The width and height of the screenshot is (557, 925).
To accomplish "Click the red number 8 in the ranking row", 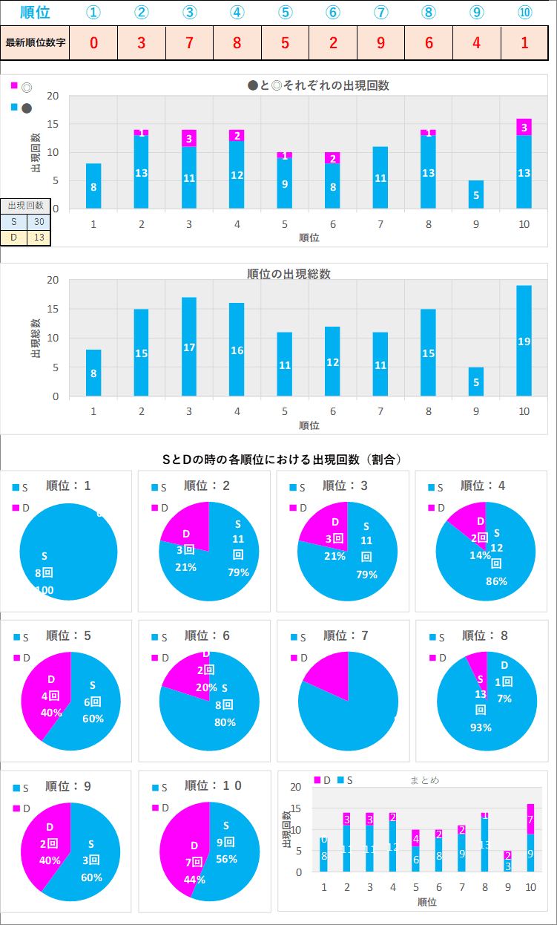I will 237,42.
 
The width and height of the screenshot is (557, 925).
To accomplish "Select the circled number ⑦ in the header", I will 380,13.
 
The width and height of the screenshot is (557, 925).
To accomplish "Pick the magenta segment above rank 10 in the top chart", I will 524,127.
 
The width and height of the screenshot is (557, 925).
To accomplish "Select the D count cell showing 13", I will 39,237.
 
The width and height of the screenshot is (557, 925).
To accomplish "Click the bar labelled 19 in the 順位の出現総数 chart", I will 524,341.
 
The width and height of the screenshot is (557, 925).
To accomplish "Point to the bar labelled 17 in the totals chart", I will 189,347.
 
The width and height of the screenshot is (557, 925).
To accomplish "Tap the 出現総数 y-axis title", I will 36,339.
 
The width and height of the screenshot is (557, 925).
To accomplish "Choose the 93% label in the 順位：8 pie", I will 481,727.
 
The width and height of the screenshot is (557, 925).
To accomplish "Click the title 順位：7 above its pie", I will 347,636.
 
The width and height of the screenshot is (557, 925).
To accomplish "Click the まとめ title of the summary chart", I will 424,779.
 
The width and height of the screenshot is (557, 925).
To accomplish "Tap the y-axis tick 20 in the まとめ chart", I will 296,787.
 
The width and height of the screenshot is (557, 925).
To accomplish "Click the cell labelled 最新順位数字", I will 36,42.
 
